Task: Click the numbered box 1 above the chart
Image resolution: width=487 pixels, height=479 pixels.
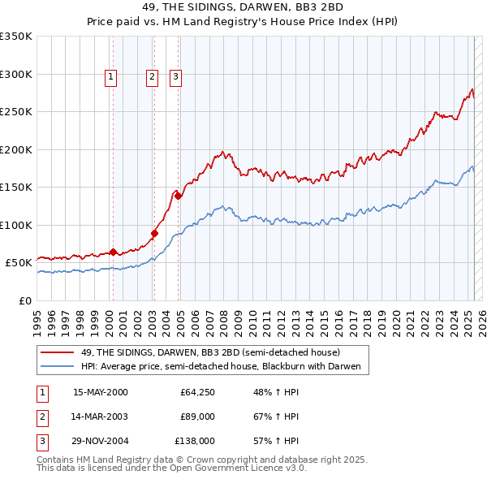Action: pyautogui.click(x=110, y=77)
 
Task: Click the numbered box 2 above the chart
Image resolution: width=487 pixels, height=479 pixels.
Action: pyautogui.click(x=152, y=77)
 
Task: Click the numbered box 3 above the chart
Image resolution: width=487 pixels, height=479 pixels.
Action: pyautogui.click(x=175, y=77)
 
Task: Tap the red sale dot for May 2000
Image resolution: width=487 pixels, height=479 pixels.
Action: pyautogui.click(x=114, y=252)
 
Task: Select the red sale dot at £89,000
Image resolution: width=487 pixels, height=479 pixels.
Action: pyautogui.click(x=154, y=233)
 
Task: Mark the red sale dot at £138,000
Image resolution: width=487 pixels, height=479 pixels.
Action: pyautogui.click(x=178, y=196)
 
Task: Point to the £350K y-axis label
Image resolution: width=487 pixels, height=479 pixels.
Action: pyautogui.click(x=16, y=37)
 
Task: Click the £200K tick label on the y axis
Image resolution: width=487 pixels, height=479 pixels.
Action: pyautogui.click(x=16, y=149)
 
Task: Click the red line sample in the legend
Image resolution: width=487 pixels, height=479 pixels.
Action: pyautogui.click(x=57, y=352)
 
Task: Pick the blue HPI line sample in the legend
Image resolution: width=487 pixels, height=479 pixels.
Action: pyautogui.click(x=57, y=367)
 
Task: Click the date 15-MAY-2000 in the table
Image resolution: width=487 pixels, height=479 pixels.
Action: pyautogui.click(x=101, y=393)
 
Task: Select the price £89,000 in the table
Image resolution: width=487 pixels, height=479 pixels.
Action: pyautogui.click(x=198, y=416)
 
